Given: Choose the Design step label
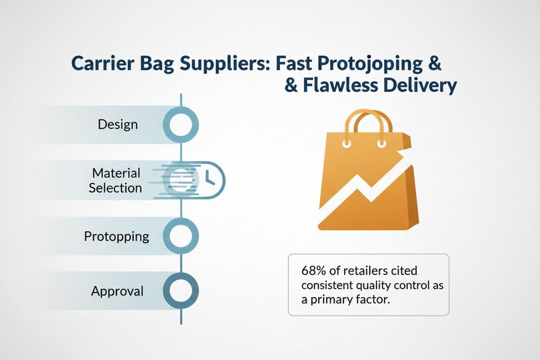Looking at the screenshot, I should [118, 123].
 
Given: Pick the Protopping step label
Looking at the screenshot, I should [116, 237].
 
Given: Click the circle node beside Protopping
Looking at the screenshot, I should [181, 236].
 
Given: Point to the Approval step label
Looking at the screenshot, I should [117, 291].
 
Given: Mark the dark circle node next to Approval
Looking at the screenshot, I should [181, 291].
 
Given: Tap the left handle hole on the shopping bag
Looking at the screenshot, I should [347, 143].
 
